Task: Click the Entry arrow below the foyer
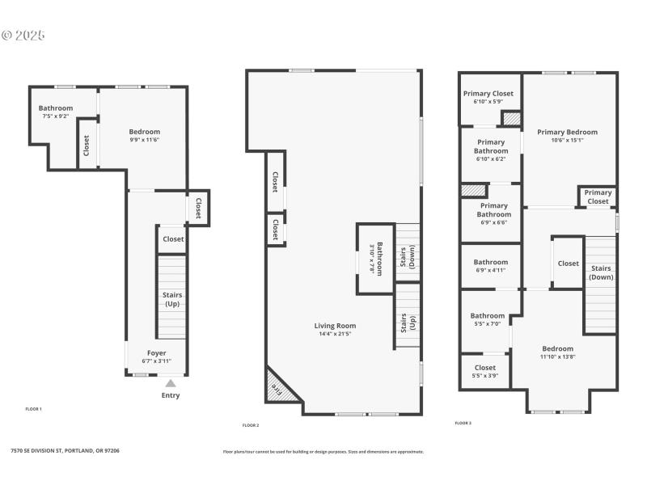click(170, 384)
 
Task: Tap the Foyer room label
click(156, 352)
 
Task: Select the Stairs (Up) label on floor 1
click(172, 300)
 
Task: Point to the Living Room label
click(335, 326)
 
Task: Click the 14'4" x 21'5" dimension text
click(335, 334)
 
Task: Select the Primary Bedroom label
click(567, 132)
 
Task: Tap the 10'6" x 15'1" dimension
click(567, 140)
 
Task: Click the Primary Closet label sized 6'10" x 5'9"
click(488, 94)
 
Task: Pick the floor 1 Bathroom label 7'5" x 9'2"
click(56, 108)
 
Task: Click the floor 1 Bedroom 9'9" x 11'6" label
click(145, 132)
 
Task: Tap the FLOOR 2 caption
click(251, 425)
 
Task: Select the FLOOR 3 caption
click(463, 423)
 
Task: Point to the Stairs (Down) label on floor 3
click(601, 272)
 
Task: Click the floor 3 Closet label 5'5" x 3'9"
click(485, 368)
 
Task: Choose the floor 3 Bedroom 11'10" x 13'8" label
click(557, 348)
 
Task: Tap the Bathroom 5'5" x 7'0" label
click(488, 316)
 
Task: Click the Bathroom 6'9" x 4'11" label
click(491, 262)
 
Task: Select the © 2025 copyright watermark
click(23, 36)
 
